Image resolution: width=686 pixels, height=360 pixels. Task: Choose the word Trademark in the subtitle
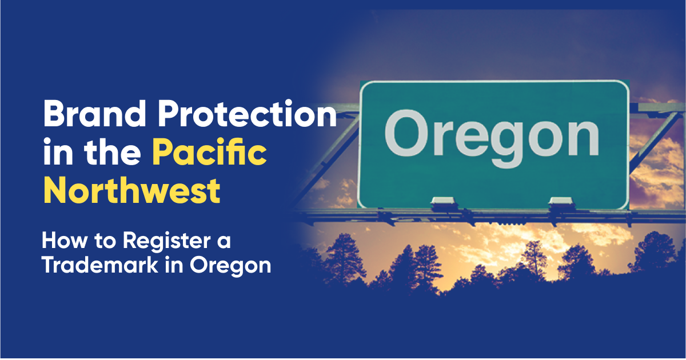pos(98,265)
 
